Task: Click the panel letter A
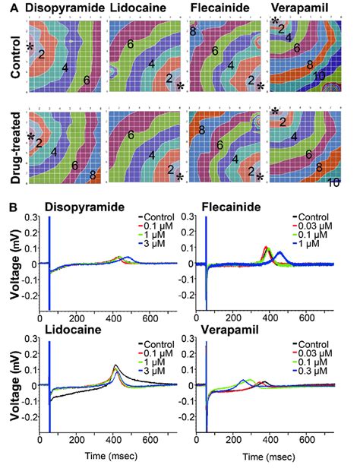[x=7, y=8]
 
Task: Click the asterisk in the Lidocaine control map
[x=179, y=87]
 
